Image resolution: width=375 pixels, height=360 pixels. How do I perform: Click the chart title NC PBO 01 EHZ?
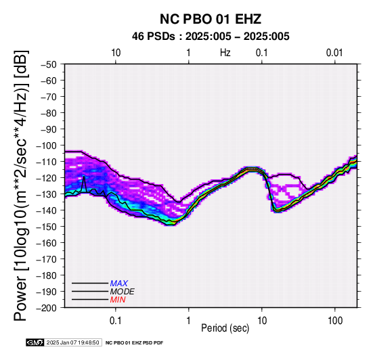(x=211, y=19)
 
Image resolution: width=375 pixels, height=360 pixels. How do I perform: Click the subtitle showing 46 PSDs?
(x=211, y=37)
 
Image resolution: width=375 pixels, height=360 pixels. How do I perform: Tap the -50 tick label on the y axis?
(x=49, y=64)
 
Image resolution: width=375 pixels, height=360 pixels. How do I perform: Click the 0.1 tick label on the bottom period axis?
(x=116, y=320)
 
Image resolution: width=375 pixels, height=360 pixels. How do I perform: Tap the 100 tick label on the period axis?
(x=335, y=320)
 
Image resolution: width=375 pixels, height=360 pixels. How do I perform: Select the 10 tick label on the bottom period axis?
(x=262, y=320)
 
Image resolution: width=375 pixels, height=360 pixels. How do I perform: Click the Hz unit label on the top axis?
(x=225, y=52)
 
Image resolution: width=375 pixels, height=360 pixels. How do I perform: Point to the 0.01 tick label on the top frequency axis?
(x=334, y=52)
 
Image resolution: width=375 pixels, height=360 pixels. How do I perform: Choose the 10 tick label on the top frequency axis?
(x=116, y=52)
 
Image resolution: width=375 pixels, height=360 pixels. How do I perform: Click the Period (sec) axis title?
(x=225, y=328)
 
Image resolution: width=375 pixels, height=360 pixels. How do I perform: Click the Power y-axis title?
(x=21, y=185)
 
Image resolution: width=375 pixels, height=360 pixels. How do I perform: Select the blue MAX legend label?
(x=119, y=284)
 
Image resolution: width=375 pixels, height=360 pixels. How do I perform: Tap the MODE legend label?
(x=123, y=292)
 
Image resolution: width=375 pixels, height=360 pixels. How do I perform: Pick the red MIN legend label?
(x=118, y=300)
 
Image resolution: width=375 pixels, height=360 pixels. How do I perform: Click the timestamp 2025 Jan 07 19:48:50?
(x=72, y=342)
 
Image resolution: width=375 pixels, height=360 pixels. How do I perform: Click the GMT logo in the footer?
(x=35, y=342)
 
